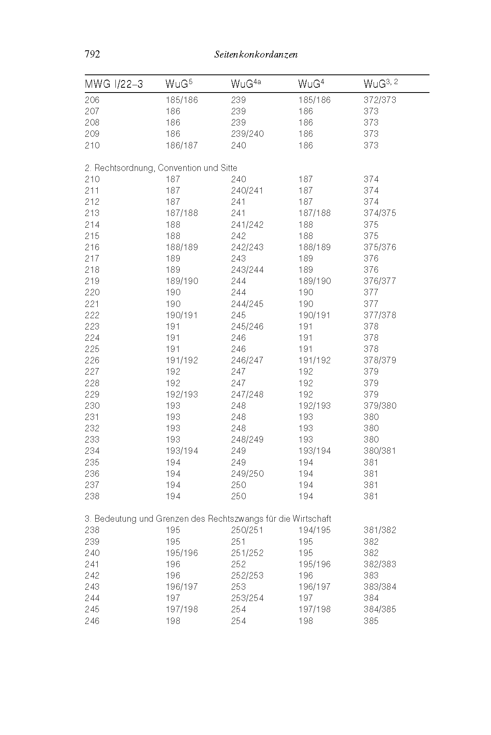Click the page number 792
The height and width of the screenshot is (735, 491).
point(92,54)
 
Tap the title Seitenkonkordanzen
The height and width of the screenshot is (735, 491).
point(256,55)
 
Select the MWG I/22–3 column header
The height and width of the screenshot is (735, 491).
point(114,84)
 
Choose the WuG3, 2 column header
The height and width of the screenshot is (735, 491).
point(381,83)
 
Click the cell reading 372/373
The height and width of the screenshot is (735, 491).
point(380,100)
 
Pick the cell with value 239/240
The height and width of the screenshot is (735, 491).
point(247,134)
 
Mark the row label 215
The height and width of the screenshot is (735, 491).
point(92,236)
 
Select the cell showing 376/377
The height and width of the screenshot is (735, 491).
point(380,281)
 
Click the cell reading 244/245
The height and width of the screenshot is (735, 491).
point(247,304)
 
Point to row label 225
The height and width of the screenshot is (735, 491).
point(92,349)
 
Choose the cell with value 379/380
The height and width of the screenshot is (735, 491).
point(380,406)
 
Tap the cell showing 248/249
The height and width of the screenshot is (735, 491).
point(247,440)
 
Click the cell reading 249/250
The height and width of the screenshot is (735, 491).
point(247,474)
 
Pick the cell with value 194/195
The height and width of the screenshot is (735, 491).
point(314,530)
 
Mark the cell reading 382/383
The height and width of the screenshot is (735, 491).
point(380,564)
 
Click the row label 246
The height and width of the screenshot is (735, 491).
point(92,621)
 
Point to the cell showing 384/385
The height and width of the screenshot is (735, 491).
point(380,609)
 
